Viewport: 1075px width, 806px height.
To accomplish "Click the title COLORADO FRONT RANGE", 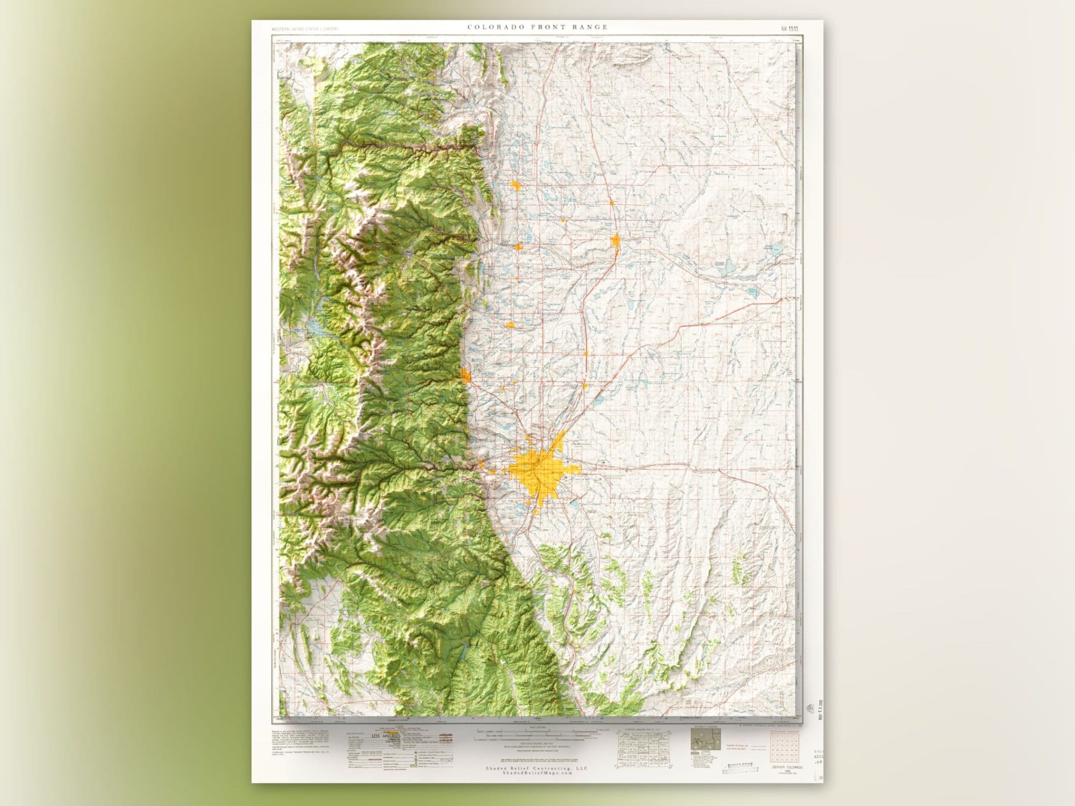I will tap(537, 27).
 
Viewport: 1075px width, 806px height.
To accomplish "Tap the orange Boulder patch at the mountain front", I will tap(466, 375).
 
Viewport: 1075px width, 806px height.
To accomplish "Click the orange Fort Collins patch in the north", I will tap(516, 186).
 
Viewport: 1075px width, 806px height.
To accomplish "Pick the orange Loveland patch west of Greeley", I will tap(518, 246).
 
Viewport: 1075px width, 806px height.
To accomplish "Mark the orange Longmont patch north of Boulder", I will tap(510, 325).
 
